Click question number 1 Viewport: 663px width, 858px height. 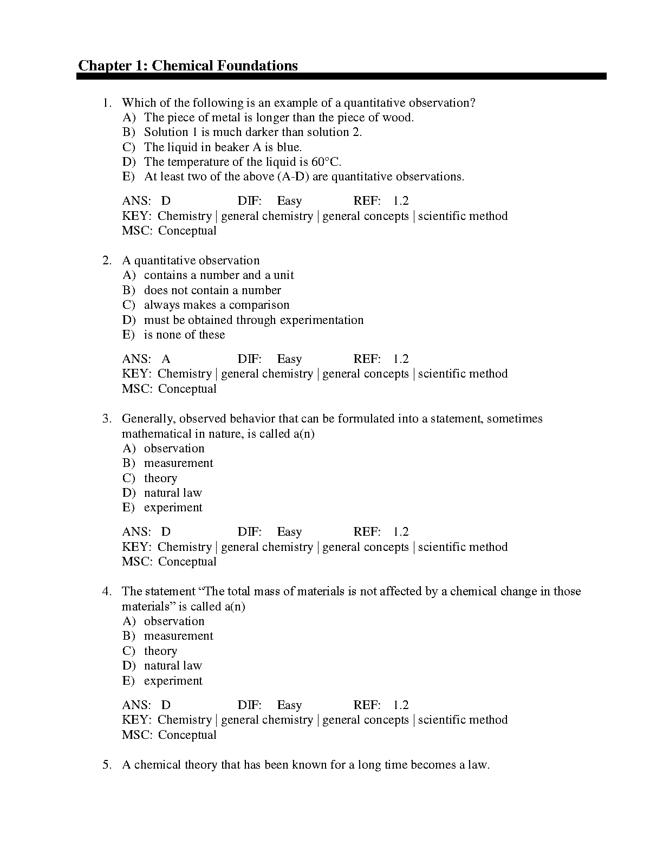pos(107,103)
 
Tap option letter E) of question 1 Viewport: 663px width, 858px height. pos(128,177)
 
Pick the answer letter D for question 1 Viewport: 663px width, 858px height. pos(166,201)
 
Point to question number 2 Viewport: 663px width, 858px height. pos(107,261)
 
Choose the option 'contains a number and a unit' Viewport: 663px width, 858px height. pos(219,275)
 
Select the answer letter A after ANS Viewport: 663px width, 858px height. pos(166,359)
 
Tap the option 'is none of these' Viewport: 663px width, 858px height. pos(184,335)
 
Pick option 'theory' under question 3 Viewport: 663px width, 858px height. pos(160,478)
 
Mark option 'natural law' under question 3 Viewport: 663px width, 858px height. pos(173,493)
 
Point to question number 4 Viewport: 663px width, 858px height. pos(107,591)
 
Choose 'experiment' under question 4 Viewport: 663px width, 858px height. pos(173,681)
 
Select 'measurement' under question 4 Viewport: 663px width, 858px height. pos(178,636)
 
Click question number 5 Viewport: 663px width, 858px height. pos(107,765)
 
